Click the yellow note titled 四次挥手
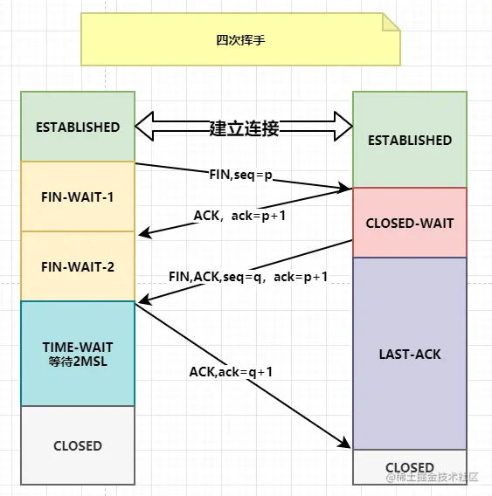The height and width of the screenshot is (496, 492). (239, 39)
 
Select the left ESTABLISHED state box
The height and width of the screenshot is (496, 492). (78, 127)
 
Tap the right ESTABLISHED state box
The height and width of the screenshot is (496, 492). (409, 140)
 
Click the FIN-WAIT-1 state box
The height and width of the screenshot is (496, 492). (78, 196)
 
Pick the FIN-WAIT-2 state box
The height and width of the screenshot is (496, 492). (78, 266)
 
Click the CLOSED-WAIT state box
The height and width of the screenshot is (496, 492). (409, 223)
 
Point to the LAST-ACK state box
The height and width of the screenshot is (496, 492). (409, 354)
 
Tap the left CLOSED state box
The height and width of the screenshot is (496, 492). (78, 445)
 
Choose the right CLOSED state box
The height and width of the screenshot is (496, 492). (409, 467)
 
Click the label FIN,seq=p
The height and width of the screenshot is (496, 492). (240, 175)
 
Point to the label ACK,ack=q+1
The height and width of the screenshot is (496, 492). (232, 371)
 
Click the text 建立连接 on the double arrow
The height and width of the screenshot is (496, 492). (244, 128)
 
